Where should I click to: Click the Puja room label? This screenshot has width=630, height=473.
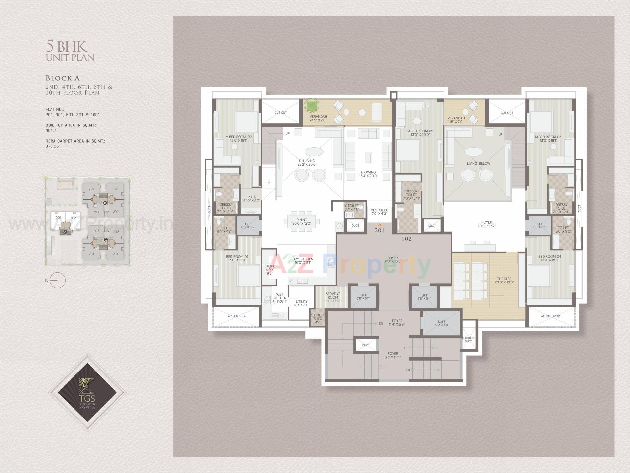click(x=252, y=199)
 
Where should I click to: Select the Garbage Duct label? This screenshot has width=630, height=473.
click(x=469, y=340)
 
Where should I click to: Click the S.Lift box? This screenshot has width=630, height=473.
click(x=441, y=323)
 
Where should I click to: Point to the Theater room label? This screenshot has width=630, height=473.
click(x=504, y=281)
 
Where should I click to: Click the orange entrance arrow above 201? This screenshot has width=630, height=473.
click(x=379, y=225)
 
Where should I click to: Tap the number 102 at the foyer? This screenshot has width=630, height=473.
click(x=406, y=239)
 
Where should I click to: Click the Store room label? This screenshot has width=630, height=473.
click(x=270, y=269)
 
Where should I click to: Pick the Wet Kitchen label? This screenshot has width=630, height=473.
click(x=280, y=298)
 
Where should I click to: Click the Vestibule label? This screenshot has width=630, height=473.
click(x=379, y=212)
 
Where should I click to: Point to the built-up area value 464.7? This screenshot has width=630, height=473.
click(x=51, y=130)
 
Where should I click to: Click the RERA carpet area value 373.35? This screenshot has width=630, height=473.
click(x=52, y=146)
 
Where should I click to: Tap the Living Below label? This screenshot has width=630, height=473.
click(x=478, y=163)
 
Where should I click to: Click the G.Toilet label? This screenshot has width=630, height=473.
click(x=351, y=207)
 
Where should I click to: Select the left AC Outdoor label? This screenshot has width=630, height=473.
click(x=237, y=316)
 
